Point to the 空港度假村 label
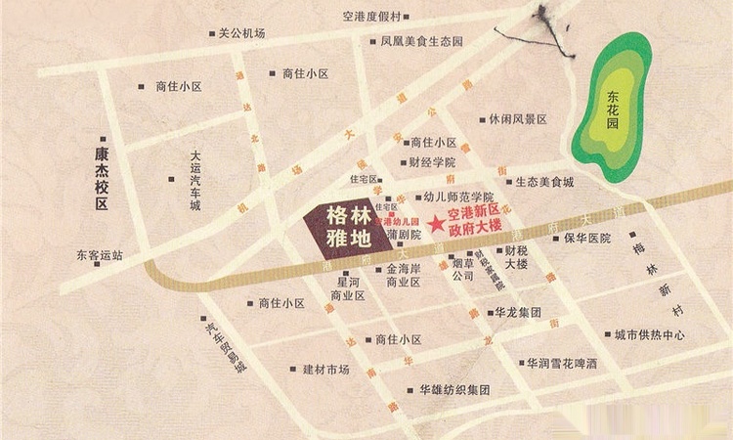coord(372,16)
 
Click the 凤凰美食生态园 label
coord(421,42)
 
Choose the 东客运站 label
coord(100,256)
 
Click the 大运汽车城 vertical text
coord(195,181)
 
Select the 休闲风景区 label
coord(519,119)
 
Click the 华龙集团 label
coord(518,313)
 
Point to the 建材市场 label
coord(325,370)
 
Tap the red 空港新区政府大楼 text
coord(474,219)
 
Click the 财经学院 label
coord(432,163)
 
